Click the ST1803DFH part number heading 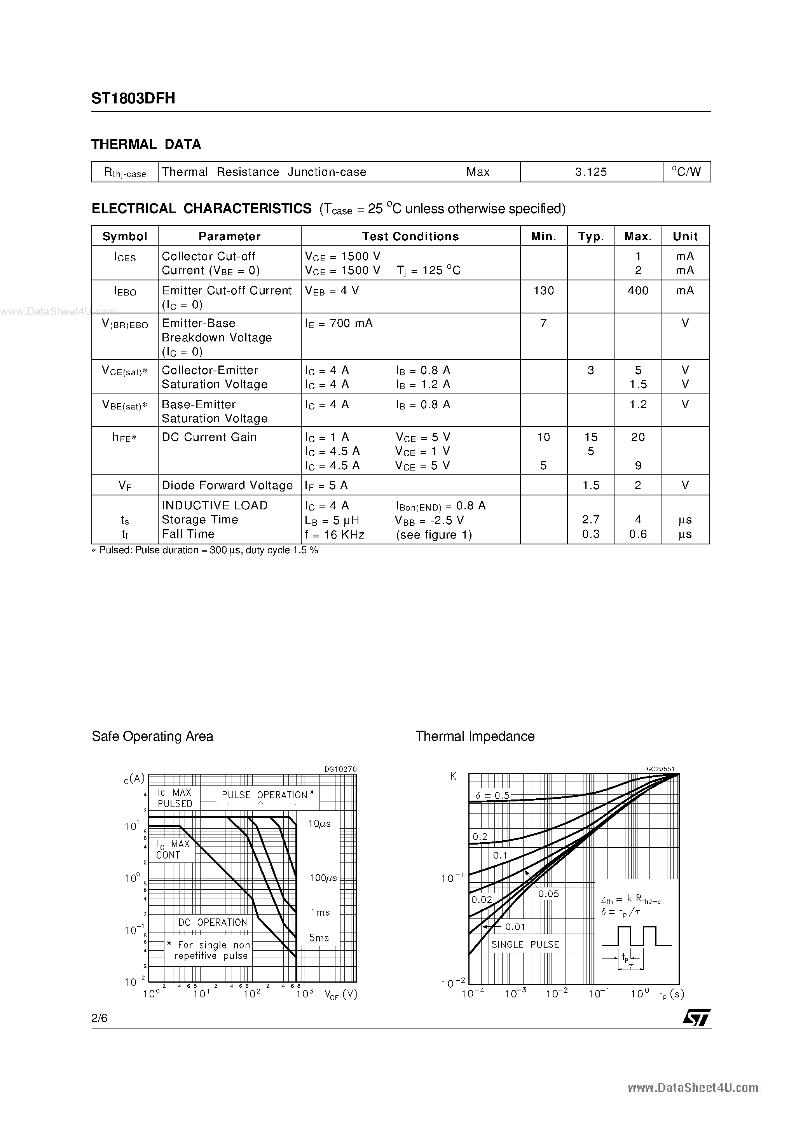(133, 98)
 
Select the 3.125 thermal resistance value (591, 172)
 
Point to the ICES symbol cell (125, 257)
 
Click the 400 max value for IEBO (638, 291)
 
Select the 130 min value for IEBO (543, 291)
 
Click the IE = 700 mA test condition (339, 324)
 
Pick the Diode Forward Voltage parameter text (227, 485)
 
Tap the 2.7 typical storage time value (591, 520)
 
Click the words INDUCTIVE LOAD (215, 505)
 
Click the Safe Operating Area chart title (152, 736)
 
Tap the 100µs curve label (323, 878)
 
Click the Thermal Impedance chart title (475, 736)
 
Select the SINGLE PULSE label (525, 945)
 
